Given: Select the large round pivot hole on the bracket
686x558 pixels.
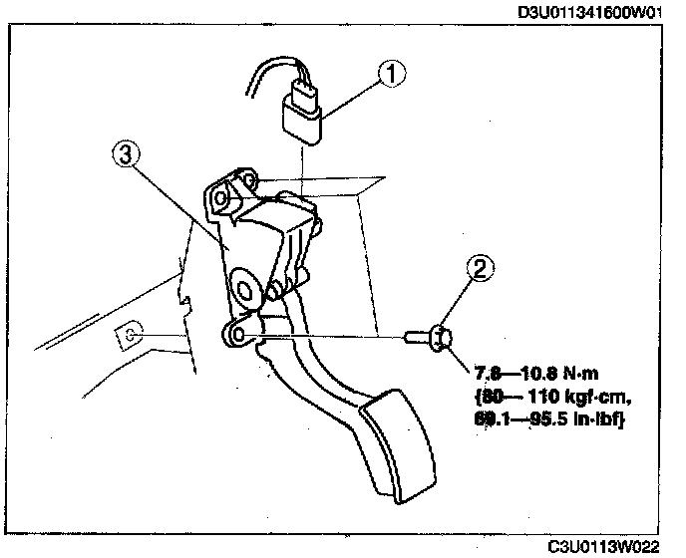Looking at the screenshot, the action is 242,290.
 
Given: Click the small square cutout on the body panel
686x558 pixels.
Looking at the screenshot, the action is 129,335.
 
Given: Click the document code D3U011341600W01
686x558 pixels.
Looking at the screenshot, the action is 590,12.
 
